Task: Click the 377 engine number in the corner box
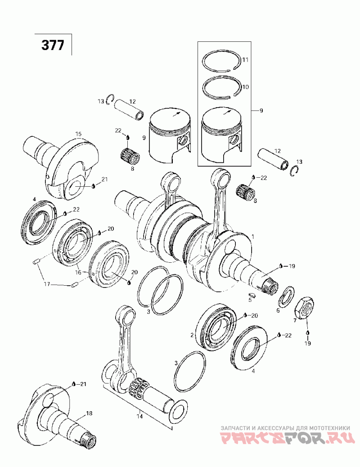(x=53, y=45)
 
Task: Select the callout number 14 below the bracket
(x=139, y=416)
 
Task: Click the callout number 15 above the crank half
(x=78, y=134)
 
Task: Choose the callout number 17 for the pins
(x=47, y=284)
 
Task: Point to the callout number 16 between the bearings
(x=78, y=272)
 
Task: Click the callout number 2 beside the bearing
(x=192, y=335)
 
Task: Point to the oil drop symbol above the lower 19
(x=307, y=332)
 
